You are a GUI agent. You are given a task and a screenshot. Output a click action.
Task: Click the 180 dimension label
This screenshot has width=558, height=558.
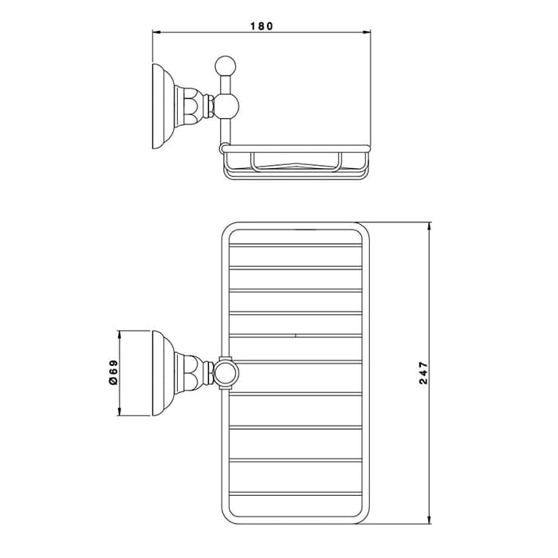pos(261,26)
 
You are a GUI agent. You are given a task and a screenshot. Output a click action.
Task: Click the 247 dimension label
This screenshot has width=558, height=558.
pos(423,373)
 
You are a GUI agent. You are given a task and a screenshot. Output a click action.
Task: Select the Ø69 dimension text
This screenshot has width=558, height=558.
pos(113,372)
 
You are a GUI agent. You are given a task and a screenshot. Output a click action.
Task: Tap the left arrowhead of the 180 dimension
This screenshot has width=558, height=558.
pos(157,33)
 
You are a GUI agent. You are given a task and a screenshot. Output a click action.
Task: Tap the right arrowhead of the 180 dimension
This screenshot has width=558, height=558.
pos(366,33)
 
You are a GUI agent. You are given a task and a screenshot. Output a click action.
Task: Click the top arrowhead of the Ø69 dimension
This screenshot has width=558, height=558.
pos(120,336)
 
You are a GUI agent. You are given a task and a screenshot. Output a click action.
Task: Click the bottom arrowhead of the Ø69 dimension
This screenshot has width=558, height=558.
pos(120,411)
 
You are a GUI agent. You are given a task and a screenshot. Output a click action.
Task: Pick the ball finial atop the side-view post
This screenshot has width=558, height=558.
pos(226,66)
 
